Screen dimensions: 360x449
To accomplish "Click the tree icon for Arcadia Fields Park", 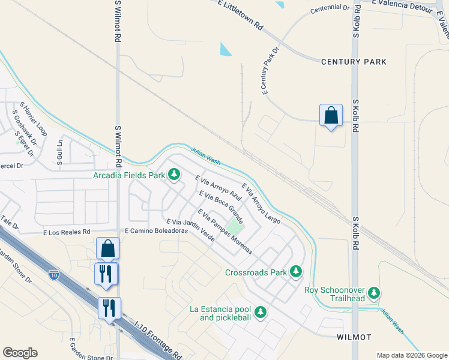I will coord(174,175).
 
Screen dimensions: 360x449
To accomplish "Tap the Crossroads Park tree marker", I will coord(295,272).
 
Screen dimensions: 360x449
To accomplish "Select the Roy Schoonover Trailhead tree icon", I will coord(375,293).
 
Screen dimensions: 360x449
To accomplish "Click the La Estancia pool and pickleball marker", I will coord(260,312).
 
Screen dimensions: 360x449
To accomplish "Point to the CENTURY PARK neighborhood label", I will coord(354,62).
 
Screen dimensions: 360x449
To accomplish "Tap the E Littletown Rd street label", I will coord(240,16).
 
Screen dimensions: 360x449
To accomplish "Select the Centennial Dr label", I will coord(330,9).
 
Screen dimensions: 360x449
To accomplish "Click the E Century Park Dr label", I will coord(271,71).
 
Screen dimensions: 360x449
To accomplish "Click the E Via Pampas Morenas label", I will coord(224,232).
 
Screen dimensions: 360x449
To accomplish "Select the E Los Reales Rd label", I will coord(66,232).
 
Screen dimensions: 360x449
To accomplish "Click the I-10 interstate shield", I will coord(53,275).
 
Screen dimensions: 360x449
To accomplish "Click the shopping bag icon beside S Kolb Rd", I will coord(331,116).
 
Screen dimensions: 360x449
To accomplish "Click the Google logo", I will coord(20,353).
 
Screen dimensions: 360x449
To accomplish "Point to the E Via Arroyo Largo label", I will coord(261,203).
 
